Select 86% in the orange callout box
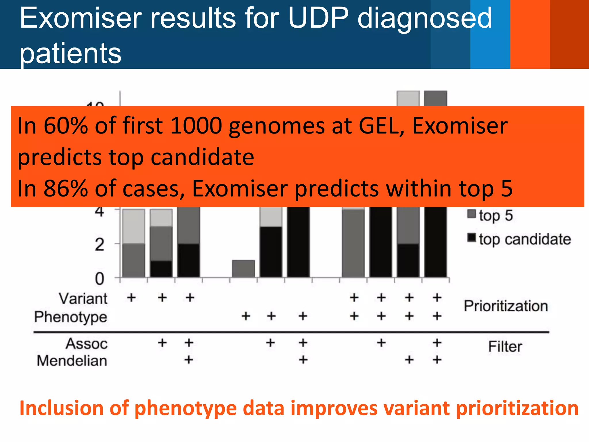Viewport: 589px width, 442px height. [66, 188]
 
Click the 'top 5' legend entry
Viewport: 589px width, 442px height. [495, 216]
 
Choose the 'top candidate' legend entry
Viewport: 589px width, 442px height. [524, 239]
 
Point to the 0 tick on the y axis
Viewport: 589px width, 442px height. [100, 279]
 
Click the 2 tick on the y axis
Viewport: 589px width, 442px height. [100, 245]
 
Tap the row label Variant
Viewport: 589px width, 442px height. [83, 298]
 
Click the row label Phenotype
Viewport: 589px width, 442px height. [70, 317]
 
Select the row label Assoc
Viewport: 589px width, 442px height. [87, 344]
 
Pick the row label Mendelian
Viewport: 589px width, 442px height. [72, 361]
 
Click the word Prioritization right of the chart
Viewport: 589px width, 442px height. [506, 306]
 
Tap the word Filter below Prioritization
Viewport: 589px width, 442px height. [505, 346]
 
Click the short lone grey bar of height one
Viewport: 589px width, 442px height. [243, 269]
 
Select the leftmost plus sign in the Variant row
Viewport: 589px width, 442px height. [131, 298]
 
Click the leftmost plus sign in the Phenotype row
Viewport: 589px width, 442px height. [246, 316]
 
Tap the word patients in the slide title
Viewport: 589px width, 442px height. [70, 53]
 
